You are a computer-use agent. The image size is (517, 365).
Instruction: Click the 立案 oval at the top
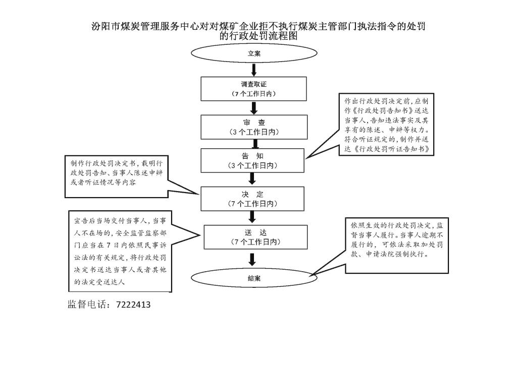click(254, 53)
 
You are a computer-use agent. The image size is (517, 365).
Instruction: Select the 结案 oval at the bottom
click(254, 278)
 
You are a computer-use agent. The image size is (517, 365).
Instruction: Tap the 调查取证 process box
click(254, 89)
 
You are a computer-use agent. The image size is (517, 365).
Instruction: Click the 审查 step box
click(254, 127)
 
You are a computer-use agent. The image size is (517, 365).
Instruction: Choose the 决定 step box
click(252, 199)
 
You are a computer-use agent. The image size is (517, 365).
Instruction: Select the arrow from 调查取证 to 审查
click(254, 107)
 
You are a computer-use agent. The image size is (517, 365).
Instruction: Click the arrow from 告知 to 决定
click(253, 179)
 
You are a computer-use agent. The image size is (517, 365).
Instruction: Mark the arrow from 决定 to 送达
click(253, 217)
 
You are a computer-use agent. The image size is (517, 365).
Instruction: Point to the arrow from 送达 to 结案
click(253, 259)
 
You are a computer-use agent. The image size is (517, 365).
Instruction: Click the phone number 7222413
click(133, 305)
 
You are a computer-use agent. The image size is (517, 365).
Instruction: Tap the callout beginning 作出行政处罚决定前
click(386, 125)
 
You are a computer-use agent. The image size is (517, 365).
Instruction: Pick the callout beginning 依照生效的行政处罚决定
click(397, 245)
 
